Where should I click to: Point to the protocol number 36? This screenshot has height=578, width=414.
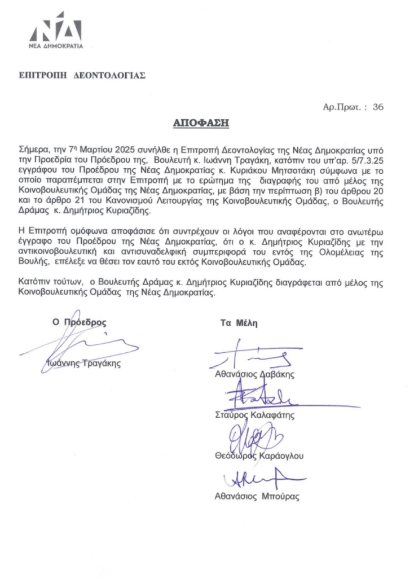coord(378,106)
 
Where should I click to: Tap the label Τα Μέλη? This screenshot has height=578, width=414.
coord(239,323)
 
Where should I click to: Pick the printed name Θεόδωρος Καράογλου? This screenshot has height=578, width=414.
coord(259,456)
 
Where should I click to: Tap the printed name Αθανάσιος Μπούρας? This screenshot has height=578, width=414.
coord(257,497)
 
